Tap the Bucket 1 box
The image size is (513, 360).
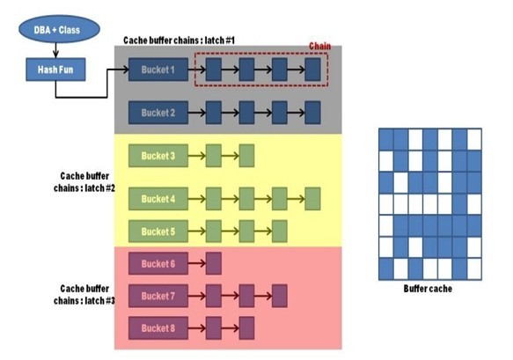point(158,69)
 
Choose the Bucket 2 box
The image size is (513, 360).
point(158,112)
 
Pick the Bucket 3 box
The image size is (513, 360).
point(158,157)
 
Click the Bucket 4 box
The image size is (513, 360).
point(158,199)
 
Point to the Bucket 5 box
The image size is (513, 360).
point(158,231)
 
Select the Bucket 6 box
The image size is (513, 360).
point(158,263)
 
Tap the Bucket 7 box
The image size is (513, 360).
point(158,295)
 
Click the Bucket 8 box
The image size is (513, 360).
point(158,327)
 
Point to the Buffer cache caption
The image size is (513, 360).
point(429,289)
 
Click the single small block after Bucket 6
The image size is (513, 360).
point(213,263)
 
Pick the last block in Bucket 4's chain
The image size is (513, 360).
point(312,199)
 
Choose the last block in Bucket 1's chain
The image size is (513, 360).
point(312,69)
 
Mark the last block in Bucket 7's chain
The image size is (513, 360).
point(280,295)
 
